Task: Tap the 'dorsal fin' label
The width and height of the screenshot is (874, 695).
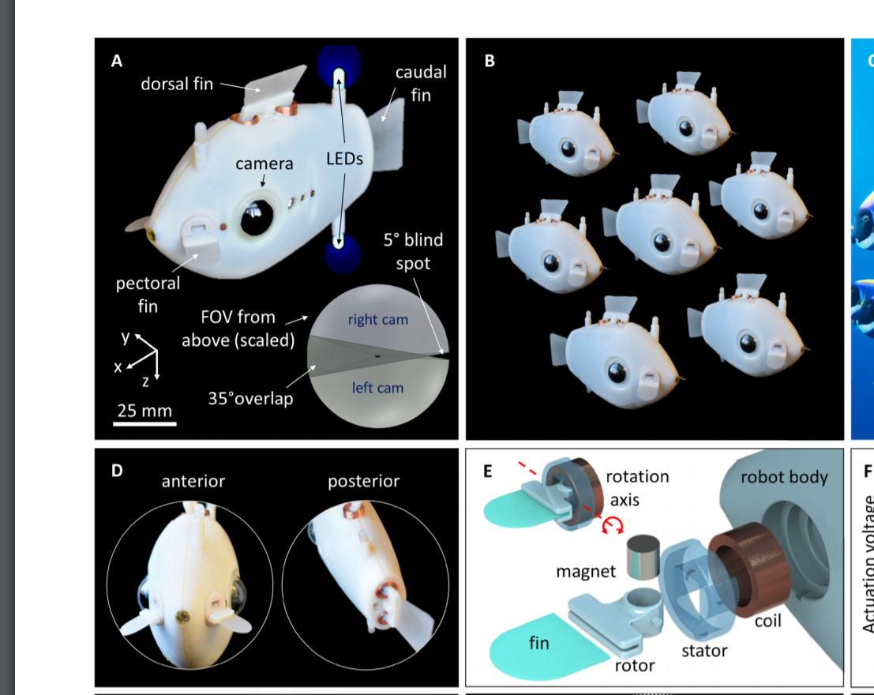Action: tap(177, 84)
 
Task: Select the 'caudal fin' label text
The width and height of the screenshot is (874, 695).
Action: tap(421, 84)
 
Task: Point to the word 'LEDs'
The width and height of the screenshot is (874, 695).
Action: tap(344, 159)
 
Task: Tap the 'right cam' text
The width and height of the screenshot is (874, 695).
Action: tap(377, 320)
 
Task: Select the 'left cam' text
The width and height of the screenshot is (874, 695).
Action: tap(377, 388)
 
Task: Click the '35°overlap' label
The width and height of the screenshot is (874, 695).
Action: tap(250, 399)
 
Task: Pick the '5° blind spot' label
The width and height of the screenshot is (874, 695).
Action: tap(413, 251)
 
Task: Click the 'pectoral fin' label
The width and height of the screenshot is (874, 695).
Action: tap(148, 294)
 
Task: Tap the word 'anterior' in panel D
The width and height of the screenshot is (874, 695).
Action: tap(193, 481)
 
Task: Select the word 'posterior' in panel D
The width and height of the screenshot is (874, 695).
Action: tap(364, 481)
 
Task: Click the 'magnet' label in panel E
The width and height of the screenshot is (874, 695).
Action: tap(586, 571)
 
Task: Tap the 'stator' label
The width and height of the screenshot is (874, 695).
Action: tap(704, 651)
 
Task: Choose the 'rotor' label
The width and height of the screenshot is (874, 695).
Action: tap(635, 666)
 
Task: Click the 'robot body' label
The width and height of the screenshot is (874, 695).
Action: tap(784, 476)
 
